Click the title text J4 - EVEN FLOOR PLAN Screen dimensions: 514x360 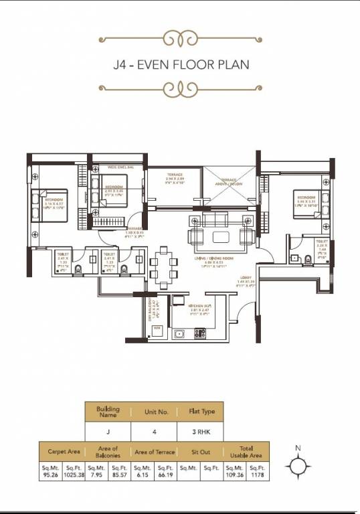coord(181,65)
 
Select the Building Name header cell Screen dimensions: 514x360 coord(108,411)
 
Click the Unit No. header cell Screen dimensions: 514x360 coord(154,411)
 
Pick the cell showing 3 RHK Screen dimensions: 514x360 coord(200,431)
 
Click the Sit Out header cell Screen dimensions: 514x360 coord(200,452)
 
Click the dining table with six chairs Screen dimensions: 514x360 coord(163,266)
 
